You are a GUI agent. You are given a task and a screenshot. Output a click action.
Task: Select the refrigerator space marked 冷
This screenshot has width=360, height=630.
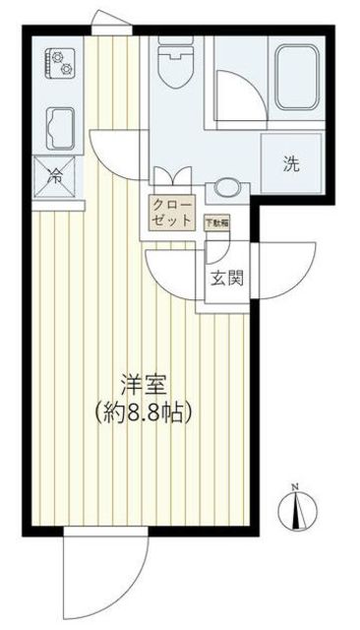point(56,178)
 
